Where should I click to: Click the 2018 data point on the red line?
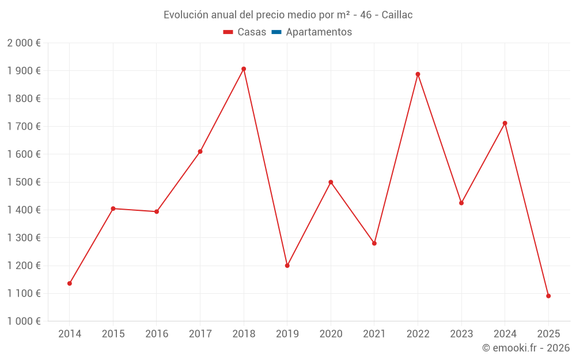pyautogui.click(x=244, y=69)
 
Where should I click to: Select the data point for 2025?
pyautogui.click(x=548, y=296)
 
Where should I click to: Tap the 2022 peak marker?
pyautogui.click(x=418, y=74)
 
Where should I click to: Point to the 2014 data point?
pyautogui.click(x=70, y=283)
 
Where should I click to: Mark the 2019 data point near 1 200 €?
pyautogui.click(x=287, y=266)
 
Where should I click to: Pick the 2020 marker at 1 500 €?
pyautogui.click(x=331, y=182)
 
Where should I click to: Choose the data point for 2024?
pyautogui.click(x=505, y=123)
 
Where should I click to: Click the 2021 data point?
pyautogui.click(x=374, y=243)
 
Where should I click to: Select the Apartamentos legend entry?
pyautogui.click(x=319, y=32)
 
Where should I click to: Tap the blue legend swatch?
pyautogui.click(x=276, y=32)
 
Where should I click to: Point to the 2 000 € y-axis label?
pyautogui.click(x=24, y=43)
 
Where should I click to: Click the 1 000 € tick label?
pyautogui.click(x=24, y=321)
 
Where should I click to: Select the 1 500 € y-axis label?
pyautogui.click(x=24, y=182)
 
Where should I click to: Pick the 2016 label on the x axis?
pyautogui.click(x=157, y=334)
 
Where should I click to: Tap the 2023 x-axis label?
pyautogui.click(x=461, y=334)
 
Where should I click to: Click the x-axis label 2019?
pyautogui.click(x=287, y=334)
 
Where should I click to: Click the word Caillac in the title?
pyautogui.click(x=397, y=15)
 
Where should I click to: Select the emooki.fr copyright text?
pyautogui.click(x=526, y=348)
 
